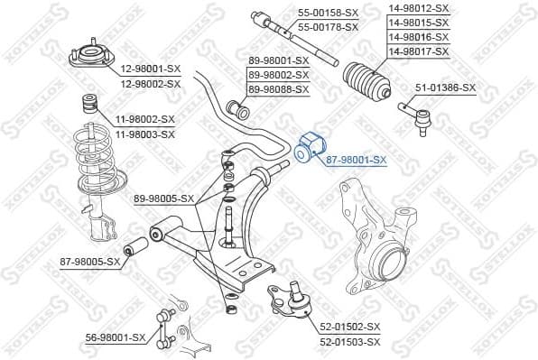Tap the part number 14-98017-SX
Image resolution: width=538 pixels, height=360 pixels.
point(418,52)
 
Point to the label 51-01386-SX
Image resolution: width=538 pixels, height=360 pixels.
point(445,88)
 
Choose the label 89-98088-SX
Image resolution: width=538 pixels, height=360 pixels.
point(278,89)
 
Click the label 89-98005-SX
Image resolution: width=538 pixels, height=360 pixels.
point(163,198)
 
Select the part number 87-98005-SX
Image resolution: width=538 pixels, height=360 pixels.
point(89,262)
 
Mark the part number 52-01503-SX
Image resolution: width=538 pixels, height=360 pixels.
point(349,342)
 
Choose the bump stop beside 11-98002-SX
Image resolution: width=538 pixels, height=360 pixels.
point(91,103)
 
